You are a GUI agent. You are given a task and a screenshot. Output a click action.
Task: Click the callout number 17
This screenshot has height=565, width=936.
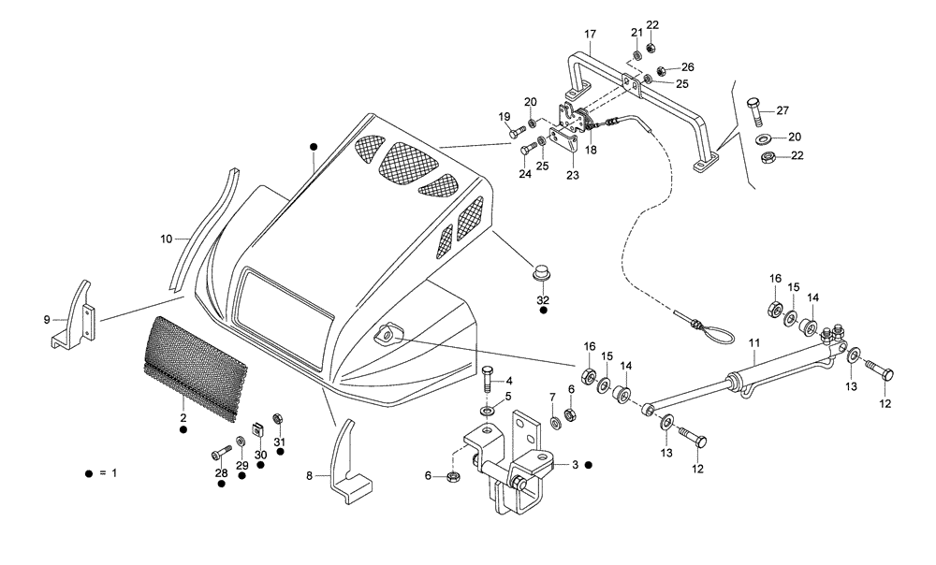point(590,35)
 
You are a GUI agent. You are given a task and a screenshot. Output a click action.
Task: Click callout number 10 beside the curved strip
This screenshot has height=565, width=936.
point(165,239)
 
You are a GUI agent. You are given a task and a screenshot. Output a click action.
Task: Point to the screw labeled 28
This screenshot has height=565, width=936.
point(219,452)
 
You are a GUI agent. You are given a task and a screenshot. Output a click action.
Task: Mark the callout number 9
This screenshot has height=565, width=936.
point(47,319)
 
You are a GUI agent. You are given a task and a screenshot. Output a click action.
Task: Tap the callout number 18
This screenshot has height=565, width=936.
point(591,148)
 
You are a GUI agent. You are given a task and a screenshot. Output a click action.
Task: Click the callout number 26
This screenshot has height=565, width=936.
point(687,67)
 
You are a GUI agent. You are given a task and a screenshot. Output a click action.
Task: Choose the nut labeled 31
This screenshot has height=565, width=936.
point(278,419)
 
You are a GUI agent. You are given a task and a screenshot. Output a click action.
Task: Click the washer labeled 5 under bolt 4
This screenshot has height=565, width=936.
point(488,411)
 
